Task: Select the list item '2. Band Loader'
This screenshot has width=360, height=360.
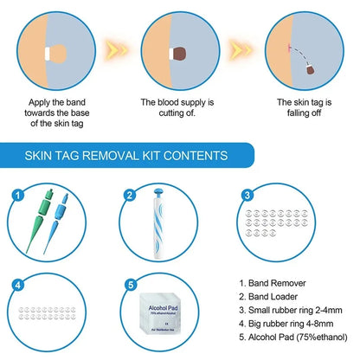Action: coord(271,295)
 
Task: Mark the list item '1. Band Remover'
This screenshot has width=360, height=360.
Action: coord(274,282)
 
